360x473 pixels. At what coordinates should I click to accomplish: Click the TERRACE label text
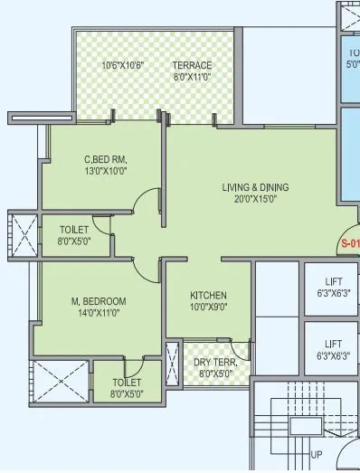[192, 66]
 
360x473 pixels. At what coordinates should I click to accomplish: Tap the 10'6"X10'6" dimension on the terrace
[122, 66]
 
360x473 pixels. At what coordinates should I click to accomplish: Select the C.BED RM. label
[104, 159]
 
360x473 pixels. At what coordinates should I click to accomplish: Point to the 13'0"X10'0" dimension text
[104, 171]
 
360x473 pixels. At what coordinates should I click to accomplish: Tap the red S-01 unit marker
[350, 243]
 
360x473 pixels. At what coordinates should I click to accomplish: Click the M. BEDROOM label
[100, 301]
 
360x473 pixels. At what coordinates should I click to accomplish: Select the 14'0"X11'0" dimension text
[99, 313]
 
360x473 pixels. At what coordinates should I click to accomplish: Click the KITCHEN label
[208, 296]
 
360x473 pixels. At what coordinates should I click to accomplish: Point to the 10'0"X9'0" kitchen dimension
[208, 307]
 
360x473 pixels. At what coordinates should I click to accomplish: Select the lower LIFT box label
[334, 344]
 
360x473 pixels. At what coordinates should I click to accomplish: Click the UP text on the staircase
[317, 454]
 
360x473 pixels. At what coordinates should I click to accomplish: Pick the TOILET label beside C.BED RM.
[74, 230]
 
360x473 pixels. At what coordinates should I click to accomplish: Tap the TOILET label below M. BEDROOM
[128, 383]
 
